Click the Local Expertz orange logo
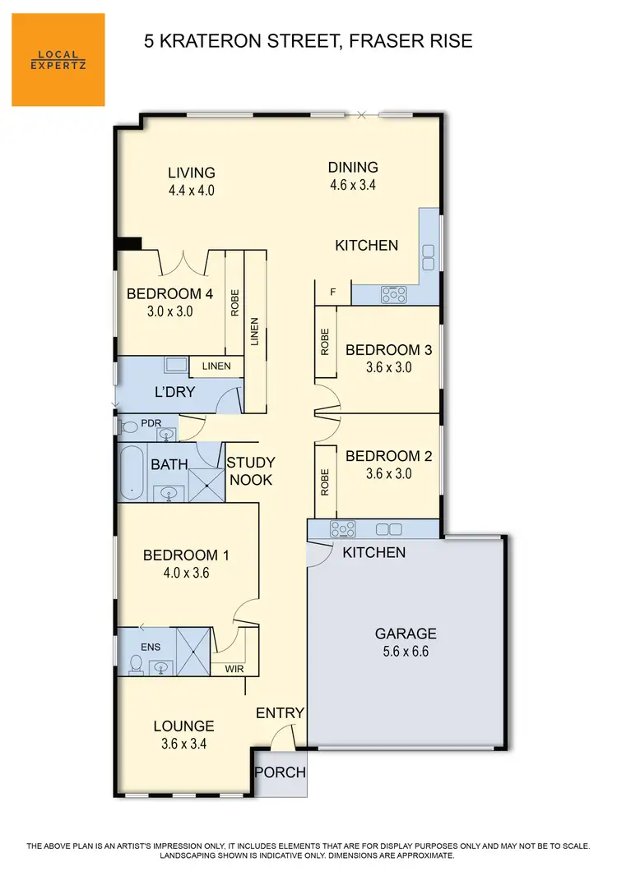click(58, 59)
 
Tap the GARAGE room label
click(406, 634)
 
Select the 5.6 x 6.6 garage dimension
click(406, 652)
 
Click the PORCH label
click(280, 772)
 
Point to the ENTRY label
click(280, 713)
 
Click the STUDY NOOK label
click(250, 471)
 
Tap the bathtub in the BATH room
click(132, 472)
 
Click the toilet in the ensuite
click(136, 662)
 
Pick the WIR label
click(234, 669)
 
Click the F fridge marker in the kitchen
click(332, 292)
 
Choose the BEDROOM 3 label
click(388, 350)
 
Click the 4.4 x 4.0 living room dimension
click(192, 191)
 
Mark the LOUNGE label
click(183, 726)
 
